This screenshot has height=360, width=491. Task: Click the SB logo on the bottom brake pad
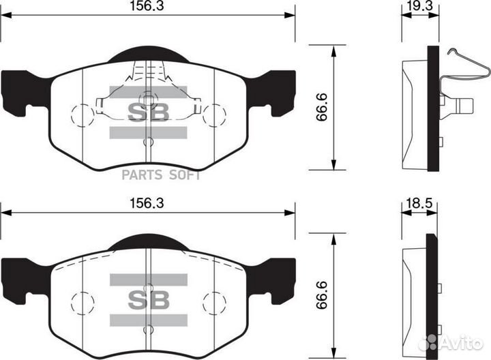point(149,300)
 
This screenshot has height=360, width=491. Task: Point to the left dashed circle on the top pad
point(83,115)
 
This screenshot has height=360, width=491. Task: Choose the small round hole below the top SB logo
point(149,142)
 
